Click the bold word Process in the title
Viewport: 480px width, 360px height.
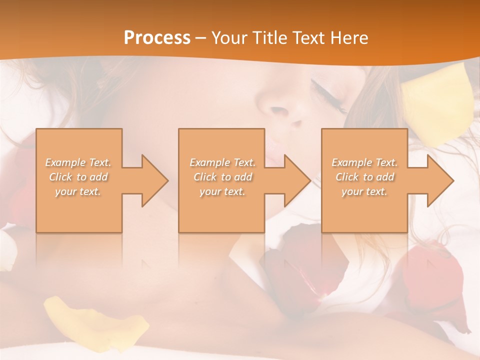click(x=157, y=38)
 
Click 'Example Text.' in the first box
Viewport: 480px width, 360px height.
click(x=78, y=162)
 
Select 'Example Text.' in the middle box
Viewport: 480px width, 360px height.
click(x=222, y=162)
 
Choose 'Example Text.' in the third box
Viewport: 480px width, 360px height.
click(x=364, y=162)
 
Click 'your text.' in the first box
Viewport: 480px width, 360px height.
click(x=78, y=191)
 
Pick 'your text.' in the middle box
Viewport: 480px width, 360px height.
click(x=222, y=191)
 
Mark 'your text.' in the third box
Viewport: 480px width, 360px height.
click(x=364, y=191)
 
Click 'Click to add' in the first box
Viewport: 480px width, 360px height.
click(x=78, y=177)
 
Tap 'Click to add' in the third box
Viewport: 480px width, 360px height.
click(x=364, y=177)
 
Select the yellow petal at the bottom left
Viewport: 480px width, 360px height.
click(x=95, y=320)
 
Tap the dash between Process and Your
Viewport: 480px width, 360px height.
click(x=200, y=38)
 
